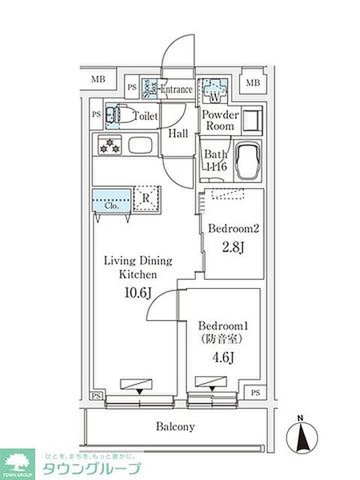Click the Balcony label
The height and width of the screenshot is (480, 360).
tap(175, 426)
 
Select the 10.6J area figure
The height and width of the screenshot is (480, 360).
tap(137, 293)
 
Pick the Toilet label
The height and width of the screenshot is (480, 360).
tap(145, 116)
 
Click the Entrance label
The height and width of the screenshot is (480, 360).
tap(176, 90)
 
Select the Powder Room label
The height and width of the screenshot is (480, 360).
tap(220, 120)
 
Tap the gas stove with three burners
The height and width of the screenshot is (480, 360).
tap(109, 145)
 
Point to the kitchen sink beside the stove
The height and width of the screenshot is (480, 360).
tap(141, 145)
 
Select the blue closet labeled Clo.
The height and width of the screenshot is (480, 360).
tap(112, 199)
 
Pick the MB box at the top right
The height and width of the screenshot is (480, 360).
tap(251, 82)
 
